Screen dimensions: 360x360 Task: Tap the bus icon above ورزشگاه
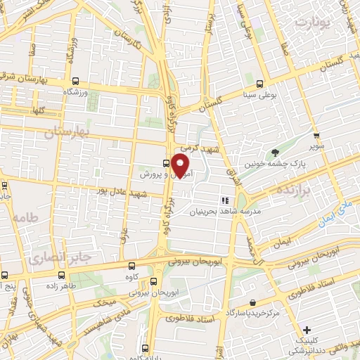75,79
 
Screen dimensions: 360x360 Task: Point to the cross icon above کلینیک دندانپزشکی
306,330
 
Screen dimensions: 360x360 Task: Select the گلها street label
32,111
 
